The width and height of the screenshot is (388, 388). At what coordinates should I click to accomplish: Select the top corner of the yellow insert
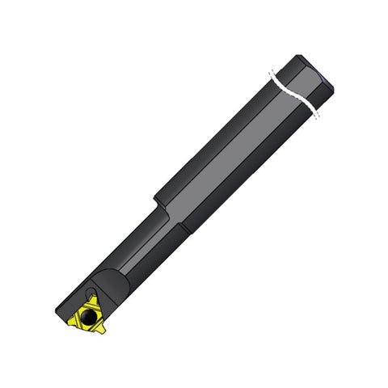pos(93,297)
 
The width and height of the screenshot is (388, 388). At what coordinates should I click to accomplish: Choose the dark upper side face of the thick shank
pos(218,137)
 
